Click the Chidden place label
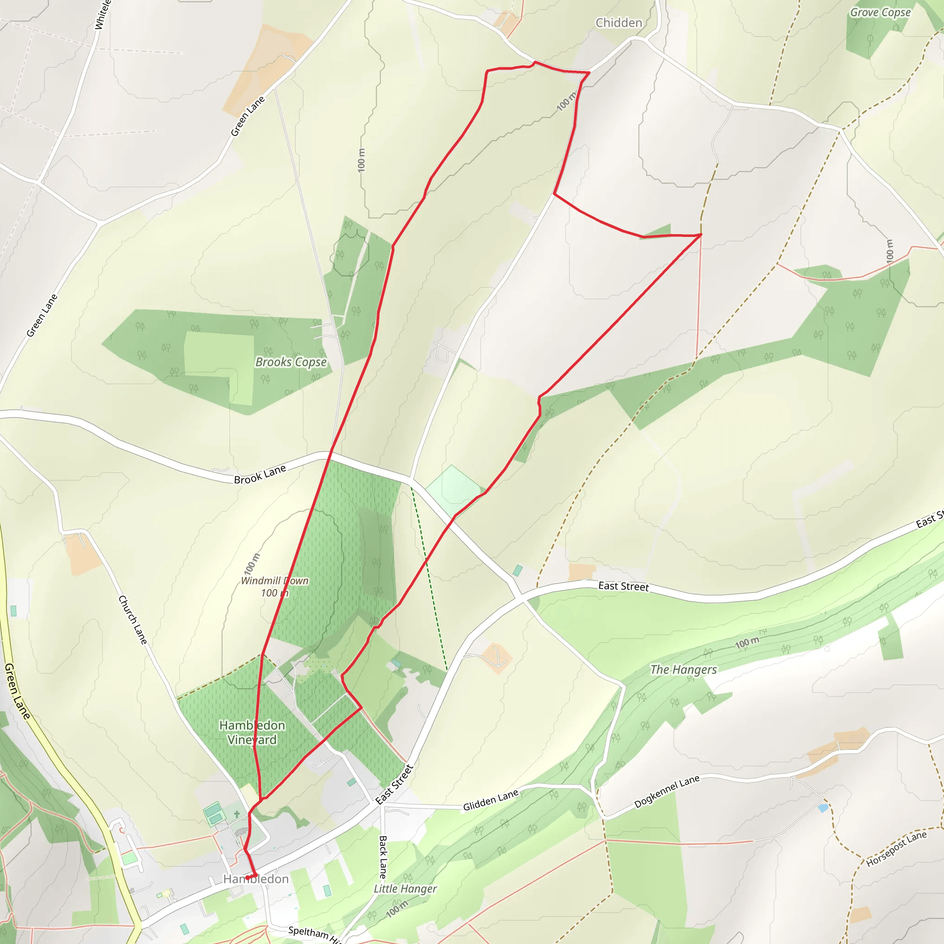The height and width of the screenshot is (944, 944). [x=619, y=23]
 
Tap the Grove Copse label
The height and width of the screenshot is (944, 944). [x=880, y=13]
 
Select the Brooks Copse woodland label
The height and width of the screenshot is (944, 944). [x=291, y=362]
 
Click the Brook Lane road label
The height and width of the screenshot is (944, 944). [x=260, y=474]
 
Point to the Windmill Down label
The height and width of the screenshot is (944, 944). [x=275, y=581]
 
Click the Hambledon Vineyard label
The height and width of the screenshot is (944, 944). [x=252, y=732]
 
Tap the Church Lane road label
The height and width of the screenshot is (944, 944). [x=132, y=619]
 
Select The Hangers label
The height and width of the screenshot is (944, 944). [x=683, y=670]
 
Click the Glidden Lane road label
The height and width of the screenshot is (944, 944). [x=490, y=800]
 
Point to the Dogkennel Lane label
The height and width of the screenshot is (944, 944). [x=667, y=791]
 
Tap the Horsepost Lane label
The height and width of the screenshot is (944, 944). [x=896, y=849]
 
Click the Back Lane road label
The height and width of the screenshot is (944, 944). [x=383, y=857]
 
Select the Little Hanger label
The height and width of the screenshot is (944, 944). [x=405, y=889]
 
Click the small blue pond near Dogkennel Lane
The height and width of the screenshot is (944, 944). [x=823, y=808]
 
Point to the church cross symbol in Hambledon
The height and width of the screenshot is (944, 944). [x=237, y=814]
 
